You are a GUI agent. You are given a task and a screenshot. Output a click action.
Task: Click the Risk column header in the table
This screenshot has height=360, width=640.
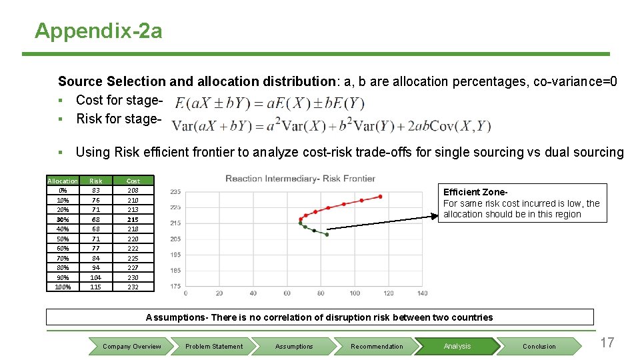[x=96, y=181]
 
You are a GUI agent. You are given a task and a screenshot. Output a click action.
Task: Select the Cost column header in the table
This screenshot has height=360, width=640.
[x=133, y=181]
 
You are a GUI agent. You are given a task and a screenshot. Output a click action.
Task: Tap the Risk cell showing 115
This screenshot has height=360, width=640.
[x=96, y=287]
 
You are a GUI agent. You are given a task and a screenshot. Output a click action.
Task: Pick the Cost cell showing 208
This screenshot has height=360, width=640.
[x=133, y=190]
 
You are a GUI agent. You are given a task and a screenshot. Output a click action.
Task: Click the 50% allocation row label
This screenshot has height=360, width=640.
[x=63, y=239]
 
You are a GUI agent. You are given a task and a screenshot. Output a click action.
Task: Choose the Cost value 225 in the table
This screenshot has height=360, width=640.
[x=133, y=258]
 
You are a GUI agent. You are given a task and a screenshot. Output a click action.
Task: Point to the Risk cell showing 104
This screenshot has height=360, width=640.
[x=96, y=277]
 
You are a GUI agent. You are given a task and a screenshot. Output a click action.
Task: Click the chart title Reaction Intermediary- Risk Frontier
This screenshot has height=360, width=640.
[x=300, y=179]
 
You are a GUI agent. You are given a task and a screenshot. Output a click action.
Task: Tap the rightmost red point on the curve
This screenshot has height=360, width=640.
[x=381, y=196]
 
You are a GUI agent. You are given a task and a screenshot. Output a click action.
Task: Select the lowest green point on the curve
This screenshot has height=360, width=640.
[x=327, y=235]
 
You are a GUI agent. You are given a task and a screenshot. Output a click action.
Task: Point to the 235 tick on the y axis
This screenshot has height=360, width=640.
[x=175, y=192]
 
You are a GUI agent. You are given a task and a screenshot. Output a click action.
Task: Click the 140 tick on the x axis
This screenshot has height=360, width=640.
[x=423, y=293]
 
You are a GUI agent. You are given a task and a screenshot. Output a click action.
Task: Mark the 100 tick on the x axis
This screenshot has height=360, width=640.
[x=355, y=293]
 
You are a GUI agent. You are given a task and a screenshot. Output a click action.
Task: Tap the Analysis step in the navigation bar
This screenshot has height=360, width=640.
[x=457, y=346]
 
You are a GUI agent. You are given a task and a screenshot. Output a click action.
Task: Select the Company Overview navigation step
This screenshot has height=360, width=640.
[x=131, y=346]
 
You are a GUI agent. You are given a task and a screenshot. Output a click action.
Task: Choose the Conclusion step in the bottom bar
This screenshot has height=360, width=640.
[x=539, y=346]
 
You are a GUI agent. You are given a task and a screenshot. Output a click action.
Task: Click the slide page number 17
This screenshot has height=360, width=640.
[x=607, y=343]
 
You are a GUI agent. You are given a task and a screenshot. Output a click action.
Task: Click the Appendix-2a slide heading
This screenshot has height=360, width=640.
[x=98, y=31]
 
